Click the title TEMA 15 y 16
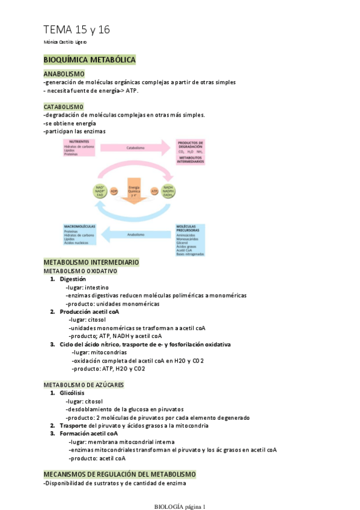[x=76, y=29]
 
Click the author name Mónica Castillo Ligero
[x=66, y=43]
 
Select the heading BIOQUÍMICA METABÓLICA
[x=90, y=60]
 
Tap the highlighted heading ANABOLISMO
[x=64, y=73]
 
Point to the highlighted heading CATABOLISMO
[x=64, y=106]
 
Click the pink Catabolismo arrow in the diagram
[x=136, y=147]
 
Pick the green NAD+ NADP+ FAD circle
[x=100, y=191]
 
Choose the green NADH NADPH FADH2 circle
[x=168, y=191]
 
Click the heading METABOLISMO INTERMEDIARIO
[x=91, y=262]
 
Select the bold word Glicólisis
[x=72, y=392]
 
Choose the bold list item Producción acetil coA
[x=90, y=312]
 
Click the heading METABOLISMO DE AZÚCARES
[x=84, y=384]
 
